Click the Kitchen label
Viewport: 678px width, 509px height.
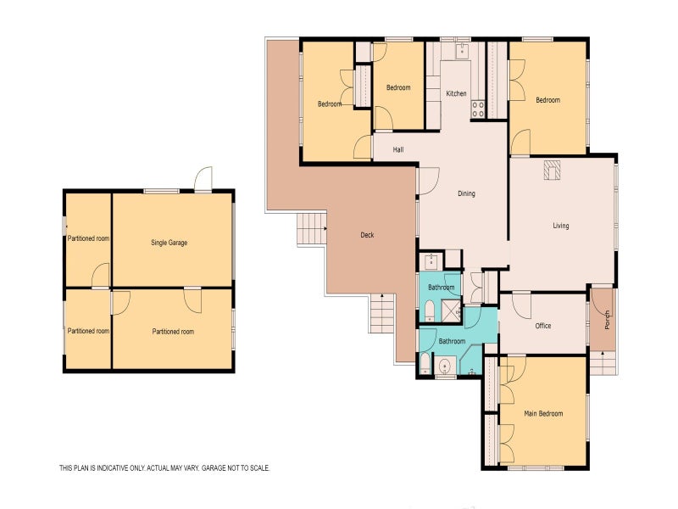coord(456,93)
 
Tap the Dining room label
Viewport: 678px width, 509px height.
coord(466,193)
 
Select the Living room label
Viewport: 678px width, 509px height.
coord(561,226)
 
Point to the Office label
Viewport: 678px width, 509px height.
coord(543,326)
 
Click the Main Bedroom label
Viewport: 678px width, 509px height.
coord(543,414)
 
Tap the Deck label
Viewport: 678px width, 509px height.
coord(367,235)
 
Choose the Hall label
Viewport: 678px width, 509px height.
coord(398,150)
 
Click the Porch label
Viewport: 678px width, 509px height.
coord(607,320)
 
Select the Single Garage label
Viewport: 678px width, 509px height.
coord(169,243)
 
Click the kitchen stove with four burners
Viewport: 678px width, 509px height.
coord(477,109)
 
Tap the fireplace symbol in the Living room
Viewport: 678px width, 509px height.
coord(552,170)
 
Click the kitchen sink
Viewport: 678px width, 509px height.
coord(462,51)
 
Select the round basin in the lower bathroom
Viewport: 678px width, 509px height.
coord(444,367)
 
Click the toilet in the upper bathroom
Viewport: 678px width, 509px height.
coord(430,310)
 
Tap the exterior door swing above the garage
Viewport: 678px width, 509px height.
coord(203,179)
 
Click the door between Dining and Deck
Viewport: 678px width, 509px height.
coord(428,181)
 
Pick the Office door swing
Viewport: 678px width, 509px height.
coord(521,305)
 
